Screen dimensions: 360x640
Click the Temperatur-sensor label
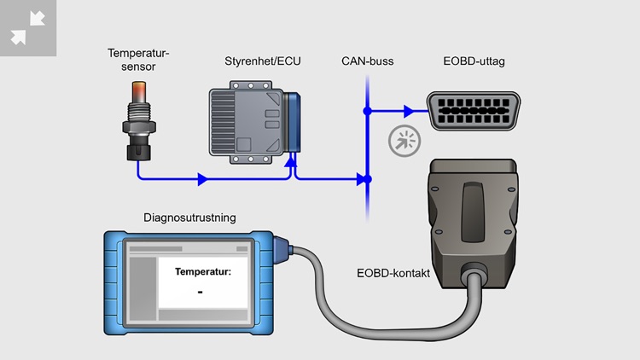point(138,61)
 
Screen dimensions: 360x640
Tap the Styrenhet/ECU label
point(255,61)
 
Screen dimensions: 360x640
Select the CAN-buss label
point(367,61)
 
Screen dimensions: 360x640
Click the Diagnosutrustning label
point(189,218)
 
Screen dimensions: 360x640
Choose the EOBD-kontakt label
point(392,274)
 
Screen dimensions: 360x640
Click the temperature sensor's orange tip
point(138,91)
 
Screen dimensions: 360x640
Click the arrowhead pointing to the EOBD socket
point(410,111)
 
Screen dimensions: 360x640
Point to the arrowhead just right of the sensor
point(202,179)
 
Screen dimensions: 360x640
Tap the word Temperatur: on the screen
point(203,272)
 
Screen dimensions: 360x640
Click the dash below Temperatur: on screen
point(199,292)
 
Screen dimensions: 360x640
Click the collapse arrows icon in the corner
point(27,27)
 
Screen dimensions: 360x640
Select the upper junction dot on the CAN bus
point(367,111)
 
